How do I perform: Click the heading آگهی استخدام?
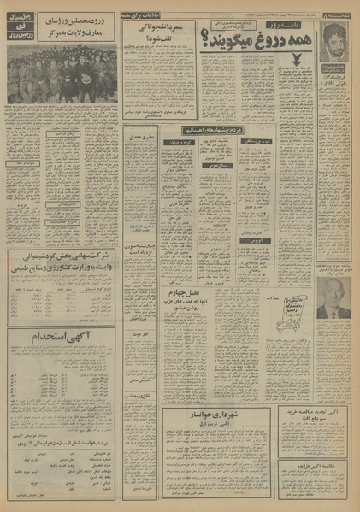[x=62, y=336]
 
